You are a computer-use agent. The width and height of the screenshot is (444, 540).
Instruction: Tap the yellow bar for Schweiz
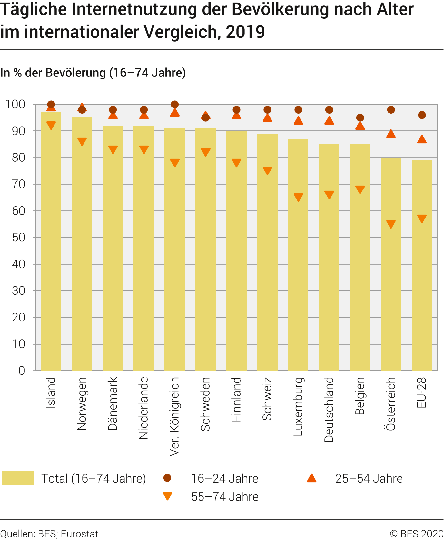(x=267, y=252)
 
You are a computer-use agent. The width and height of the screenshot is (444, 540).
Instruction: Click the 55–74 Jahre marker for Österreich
(x=391, y=224)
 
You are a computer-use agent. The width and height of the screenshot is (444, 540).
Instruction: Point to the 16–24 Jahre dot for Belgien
(x=360, y=118)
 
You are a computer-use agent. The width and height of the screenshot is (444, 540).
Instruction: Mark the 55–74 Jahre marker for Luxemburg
(x=298, y=197)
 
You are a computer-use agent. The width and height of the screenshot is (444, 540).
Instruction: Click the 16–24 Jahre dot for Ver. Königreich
(x=175, y=104)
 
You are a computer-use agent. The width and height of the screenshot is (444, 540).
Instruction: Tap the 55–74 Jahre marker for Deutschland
(x=329, y=195)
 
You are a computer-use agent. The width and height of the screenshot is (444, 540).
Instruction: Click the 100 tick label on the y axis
(x=15, y=104)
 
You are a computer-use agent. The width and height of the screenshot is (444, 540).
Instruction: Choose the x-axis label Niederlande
(x=143, y=408)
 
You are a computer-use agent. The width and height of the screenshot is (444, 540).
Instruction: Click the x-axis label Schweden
(x=205, y=404)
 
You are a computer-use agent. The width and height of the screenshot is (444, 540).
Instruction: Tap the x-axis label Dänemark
(x=113, y=403)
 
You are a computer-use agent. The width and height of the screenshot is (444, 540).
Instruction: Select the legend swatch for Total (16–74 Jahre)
(x=18, y=478)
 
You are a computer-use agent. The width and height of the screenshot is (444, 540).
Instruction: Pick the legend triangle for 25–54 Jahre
(x=311, y=478)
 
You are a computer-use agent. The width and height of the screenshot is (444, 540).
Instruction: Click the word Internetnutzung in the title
(x=134, y=9)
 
